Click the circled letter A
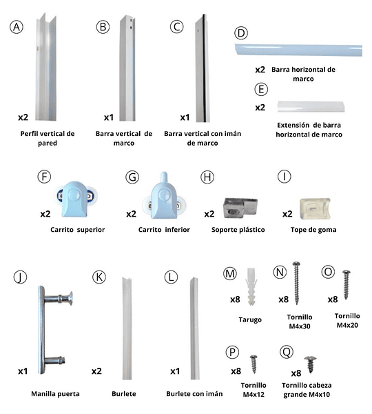click(x=17, y=27)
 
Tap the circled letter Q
click(x=287, y=352)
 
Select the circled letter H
click(x=207, y=177)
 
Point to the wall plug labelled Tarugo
click(x=251, y=287)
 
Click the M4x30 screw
click(x=297, y=283)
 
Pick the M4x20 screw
click(x=346, y=284)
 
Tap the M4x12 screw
click(x=254, y=364)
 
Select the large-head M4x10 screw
click(x=311, y=364)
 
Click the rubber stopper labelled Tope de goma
click(x=315, y=208)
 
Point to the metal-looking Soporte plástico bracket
click(x=240, y=208)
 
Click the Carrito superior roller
click(x=75, y=199)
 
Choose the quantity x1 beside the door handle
click(x=23, y=371)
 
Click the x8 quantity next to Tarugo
click(x=235, y=299)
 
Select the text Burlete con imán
click(x=194, y=394)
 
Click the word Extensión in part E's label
click(x=293, y=125)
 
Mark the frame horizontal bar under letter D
click(x=298, y=50)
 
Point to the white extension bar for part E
click(x=311, y=106)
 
